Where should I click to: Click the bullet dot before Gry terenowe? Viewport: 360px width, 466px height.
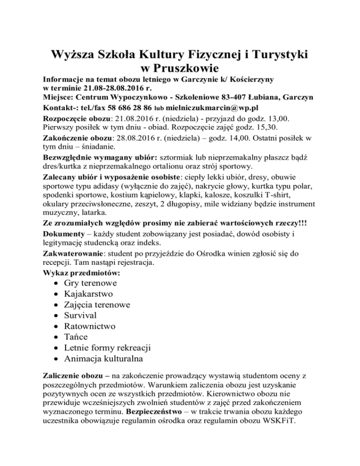(x=56, y=284)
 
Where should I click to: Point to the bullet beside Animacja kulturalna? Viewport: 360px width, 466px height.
(x=56, y=360)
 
